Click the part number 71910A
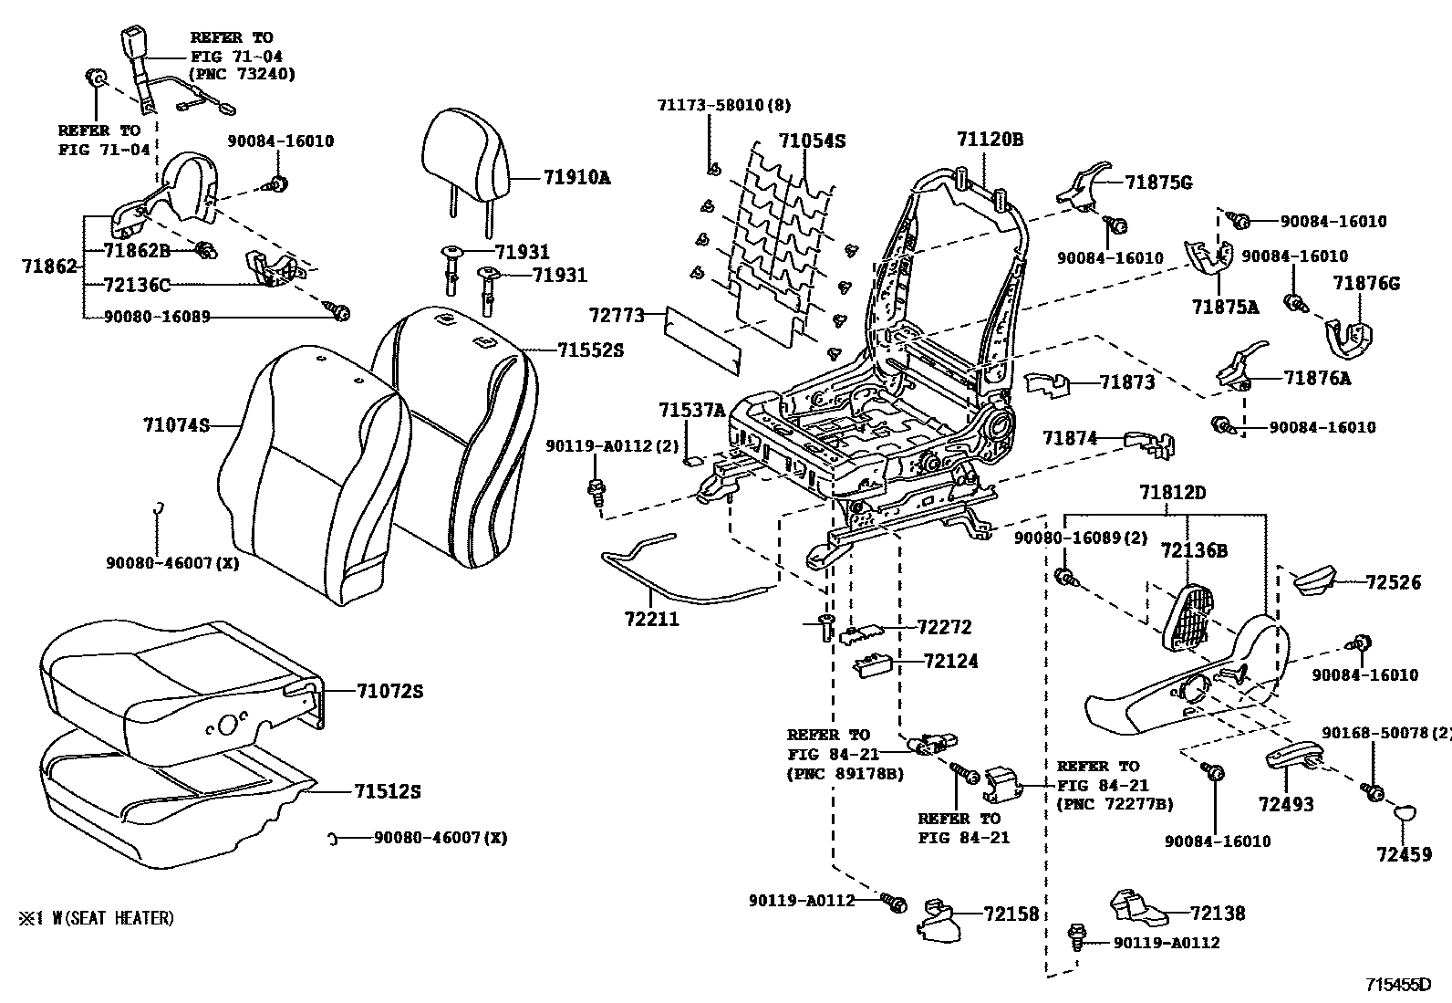pyautogui.click(x=577, y=177)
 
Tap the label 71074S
pyautogui.click(x=176, y=425)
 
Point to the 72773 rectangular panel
pyautogui.click(x=702, y=341)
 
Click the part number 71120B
pyautogui.click(x=990, y=139)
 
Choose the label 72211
pyautogui.click(x=652, y=619)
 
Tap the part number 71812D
pyautogui.click(x=1173, y=493)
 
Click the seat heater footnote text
pyautogui.click(x=97, y=918)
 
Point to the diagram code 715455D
pyautogui.click(x=1398, y=985)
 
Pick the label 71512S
pyautogui.click(x=387, y=791)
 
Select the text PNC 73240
pyautogui.click(x=243, y=74)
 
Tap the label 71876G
pyautogui.click(x=1366, y=284)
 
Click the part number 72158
pyautogui.click(x=1011, y=914)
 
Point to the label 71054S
pyautogui.click(x=813, y=141)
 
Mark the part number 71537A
pyautogui.click(x=691, y=410)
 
